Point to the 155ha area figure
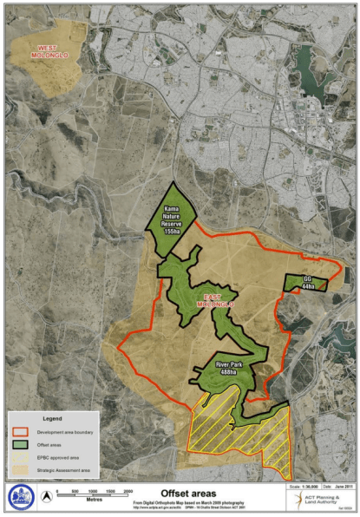pyautogui.click(x=171, y=232)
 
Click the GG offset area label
pyautogui.click(x=306, y=278)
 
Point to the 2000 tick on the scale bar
pyautogui.click(x=128, y=491)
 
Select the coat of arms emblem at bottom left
pyautogui.click(x=19, y=497)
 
